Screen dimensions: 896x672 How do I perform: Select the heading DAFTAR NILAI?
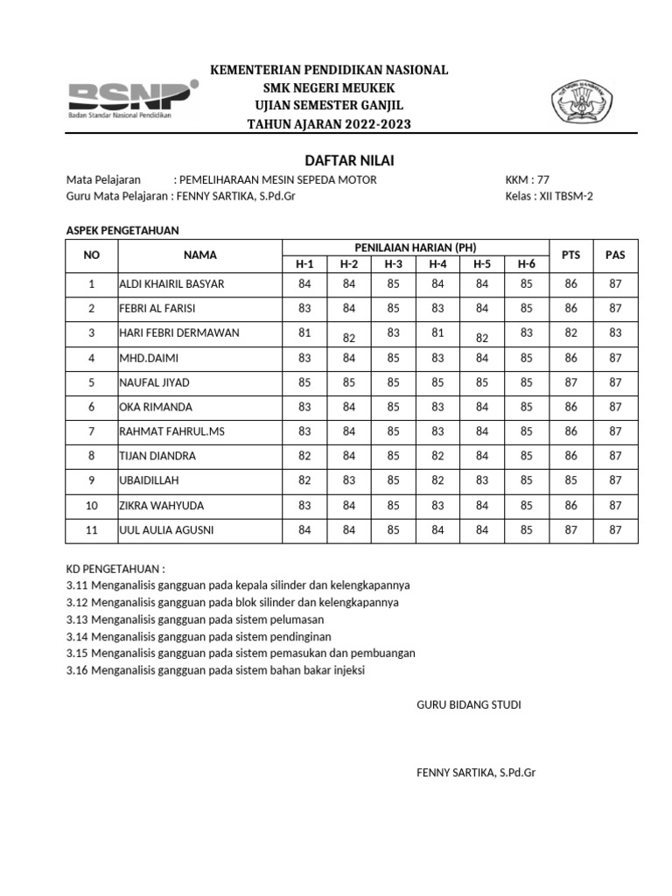pyautogui.click(x=336, y=160)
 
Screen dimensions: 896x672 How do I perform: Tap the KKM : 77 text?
pyautogui.click(x=528, y=180)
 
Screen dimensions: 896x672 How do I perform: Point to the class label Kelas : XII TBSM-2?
pyautogui.click(x=549, y=196)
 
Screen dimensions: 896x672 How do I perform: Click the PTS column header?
pyautogui.click(x=570, y=255)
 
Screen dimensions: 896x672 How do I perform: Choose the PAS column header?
pyautogui.click(x=615, y=255)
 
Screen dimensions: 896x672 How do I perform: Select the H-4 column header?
pyautogui.click(x=437, y=263)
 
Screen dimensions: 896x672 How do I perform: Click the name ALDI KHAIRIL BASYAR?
pyautogui.click(x=171, y=283)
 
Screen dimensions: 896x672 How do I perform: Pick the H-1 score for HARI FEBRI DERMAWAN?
pyautogui.click(x=304, y=332)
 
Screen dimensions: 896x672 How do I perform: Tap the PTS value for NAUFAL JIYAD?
pyautogui.click(x=570, y=382)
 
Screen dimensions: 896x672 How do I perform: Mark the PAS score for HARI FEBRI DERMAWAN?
pyautogui.click(x=615, y=333)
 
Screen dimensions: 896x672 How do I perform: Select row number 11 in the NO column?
pyautogui.click(x=91, y=530)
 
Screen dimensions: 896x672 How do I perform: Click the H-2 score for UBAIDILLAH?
pyautogui.click(x=349, y=480)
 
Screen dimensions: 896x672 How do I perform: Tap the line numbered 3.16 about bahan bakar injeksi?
pyautogui.click(x=215, y=670)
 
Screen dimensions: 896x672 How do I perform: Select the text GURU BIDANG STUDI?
pyautogui.click(x=468, y=704)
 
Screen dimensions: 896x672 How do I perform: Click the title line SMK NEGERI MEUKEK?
pyautogui.click(x=329, y=88)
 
